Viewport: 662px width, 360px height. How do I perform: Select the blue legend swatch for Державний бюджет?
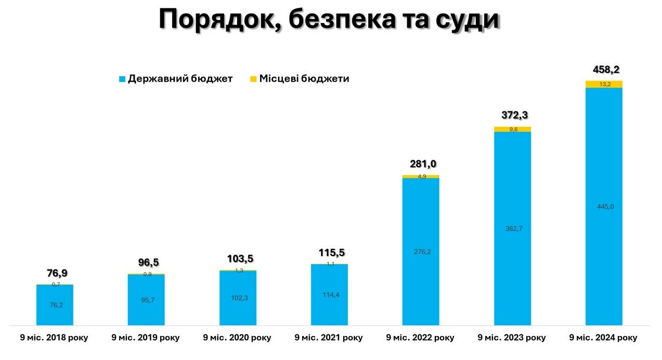pos(122,79)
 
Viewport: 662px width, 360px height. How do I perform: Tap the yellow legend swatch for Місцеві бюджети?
pos(253,79)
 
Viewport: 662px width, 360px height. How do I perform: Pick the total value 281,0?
pos(421,164)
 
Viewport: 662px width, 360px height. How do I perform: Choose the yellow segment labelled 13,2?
pos(604,84)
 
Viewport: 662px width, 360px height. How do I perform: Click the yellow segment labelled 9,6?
pos(512,130)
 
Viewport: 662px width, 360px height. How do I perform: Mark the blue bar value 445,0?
pos(604,207)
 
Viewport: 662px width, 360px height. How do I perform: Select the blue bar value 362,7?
pos(512,228)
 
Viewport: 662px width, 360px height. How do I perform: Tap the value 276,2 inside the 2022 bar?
pos(421,252)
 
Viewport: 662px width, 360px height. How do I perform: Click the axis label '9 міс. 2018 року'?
pos(54,338)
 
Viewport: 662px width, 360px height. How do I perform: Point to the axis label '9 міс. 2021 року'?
pos(329,338)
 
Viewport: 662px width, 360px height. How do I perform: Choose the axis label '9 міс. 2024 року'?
pos(603,338)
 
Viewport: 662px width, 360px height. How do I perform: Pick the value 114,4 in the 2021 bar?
pos(329,295)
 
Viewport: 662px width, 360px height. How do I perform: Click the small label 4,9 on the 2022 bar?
pos(421,176)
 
